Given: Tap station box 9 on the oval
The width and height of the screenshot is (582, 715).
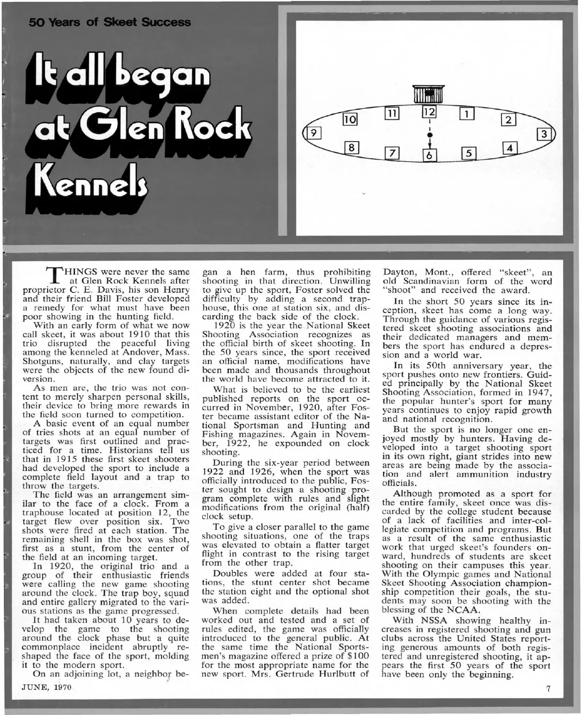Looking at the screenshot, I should pos(314,132).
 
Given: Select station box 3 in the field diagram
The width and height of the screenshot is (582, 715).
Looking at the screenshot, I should pos(545,134).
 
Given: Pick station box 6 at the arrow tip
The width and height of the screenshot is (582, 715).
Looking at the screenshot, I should pos(429,155).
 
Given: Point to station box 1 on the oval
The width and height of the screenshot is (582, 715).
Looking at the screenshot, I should pos(467,114).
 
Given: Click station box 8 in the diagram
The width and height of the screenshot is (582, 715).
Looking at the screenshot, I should pos(352,147).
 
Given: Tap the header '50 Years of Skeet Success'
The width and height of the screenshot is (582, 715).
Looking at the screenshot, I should pos(110,22).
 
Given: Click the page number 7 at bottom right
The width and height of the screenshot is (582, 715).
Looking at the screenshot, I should pos(548,689).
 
